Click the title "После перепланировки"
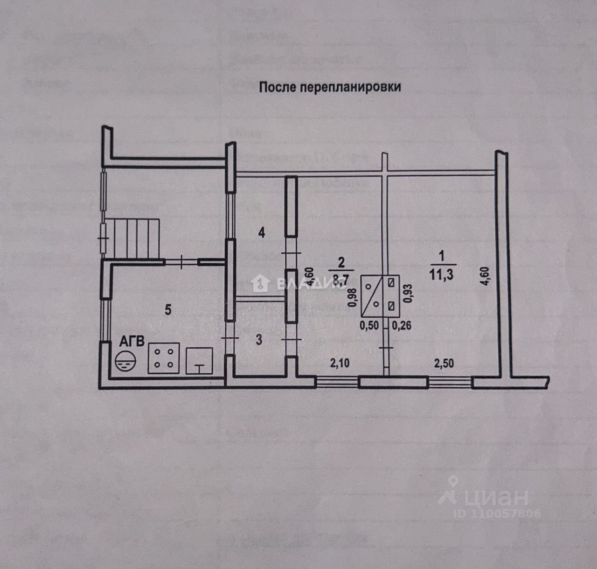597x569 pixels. click(x=330, y=87)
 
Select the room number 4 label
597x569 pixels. click(x=262, y=232)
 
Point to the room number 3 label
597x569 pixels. click(x=259, y=339)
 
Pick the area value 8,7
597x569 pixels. click(x=341, y=280)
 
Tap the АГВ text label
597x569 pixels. click(x=132, y=342)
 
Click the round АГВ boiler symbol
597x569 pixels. click(x=125, y=361)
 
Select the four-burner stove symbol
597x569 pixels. click(x=164, y=358)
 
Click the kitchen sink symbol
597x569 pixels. click(x=199, y=361)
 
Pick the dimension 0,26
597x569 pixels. click(x=402, y=326)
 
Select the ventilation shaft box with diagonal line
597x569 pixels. click(x=380, y=295)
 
